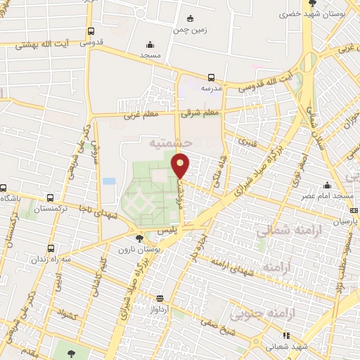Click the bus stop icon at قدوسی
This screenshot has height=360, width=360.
click(91, 32)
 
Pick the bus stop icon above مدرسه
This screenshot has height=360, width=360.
click(212, 77)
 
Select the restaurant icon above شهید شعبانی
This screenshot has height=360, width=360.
click(285, 335)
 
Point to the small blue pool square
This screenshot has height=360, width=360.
click(108, 181)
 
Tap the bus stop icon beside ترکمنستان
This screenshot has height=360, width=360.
click(49, 198)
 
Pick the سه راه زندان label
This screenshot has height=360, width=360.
click(51, 259)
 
